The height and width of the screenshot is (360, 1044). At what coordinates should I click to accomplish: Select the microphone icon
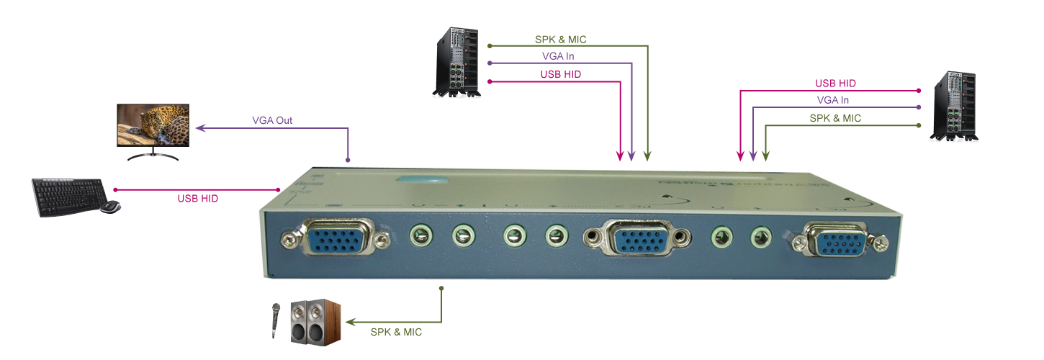[274, 319]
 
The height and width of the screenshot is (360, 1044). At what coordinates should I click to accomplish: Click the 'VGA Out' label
[272, 120]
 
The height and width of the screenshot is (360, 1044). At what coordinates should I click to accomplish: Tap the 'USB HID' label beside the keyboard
[198, 198]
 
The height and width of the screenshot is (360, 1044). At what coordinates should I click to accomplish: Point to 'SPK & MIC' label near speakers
[396, 332]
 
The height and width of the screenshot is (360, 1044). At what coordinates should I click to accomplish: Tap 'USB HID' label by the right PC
[835, 84]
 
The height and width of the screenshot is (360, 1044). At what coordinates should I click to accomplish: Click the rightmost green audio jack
[760, 236]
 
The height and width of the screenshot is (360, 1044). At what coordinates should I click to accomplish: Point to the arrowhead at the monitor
[201, 129]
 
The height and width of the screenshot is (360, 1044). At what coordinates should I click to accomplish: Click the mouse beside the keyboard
[109, 207]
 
